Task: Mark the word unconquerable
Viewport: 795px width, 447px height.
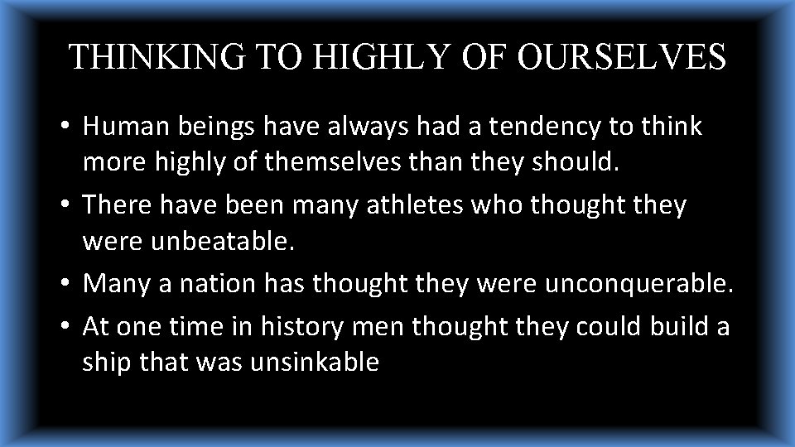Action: (638, 283)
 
